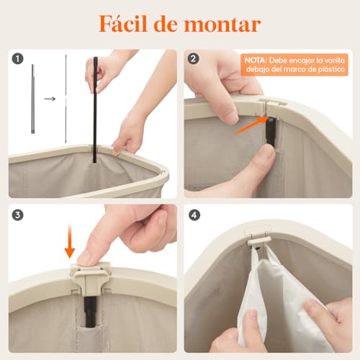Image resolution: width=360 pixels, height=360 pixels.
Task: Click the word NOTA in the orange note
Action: [256, 61]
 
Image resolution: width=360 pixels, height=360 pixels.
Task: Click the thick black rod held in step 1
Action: [94, 108]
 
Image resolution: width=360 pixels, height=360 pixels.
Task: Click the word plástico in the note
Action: [330, 70]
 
